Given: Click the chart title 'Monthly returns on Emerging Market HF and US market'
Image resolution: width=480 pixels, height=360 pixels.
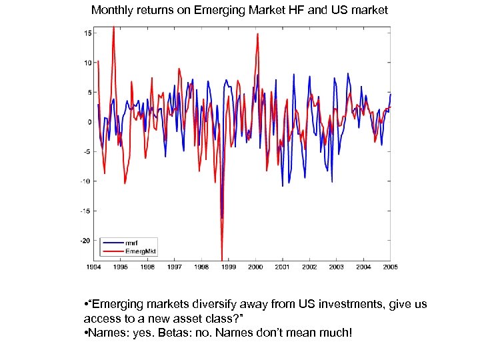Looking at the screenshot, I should coord(239,11).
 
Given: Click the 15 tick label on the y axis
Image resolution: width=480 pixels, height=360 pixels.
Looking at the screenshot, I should coord(87,33).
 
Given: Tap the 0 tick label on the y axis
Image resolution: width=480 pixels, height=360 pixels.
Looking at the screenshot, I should coord(89,122).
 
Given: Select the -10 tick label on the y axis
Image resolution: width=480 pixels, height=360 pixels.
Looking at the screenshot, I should coord(86,181).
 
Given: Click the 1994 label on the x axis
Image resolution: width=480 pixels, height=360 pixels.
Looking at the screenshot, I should coord(93,267).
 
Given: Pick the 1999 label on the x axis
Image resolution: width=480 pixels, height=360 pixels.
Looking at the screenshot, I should coord(229,267).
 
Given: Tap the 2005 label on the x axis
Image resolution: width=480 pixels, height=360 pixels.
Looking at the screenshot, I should coord(390,267).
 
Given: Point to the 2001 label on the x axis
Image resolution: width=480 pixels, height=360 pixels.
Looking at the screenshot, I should coord(283,267).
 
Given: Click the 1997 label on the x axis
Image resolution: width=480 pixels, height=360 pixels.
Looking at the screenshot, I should coord(175,267).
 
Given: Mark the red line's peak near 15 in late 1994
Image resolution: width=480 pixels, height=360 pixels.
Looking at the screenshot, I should coord(113,27).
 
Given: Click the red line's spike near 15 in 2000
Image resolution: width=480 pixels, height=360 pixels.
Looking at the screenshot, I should coord(257,35).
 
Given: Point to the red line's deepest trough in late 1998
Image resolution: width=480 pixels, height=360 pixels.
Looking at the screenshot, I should coord(221,259).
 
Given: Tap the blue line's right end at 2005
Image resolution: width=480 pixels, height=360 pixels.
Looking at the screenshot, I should coord(391,94).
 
